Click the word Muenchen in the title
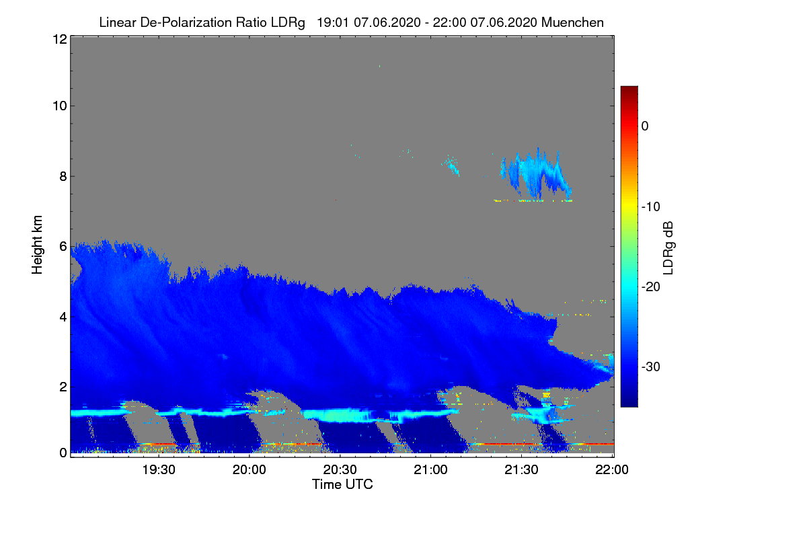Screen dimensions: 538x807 click(572, 22)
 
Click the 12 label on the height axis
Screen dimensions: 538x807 click(59, 39)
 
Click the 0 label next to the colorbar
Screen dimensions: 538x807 click(645, 126)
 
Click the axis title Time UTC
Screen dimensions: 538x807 click(342, 484)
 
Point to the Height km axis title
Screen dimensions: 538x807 click(37, 243)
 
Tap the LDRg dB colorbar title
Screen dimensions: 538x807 click(668, 246)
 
